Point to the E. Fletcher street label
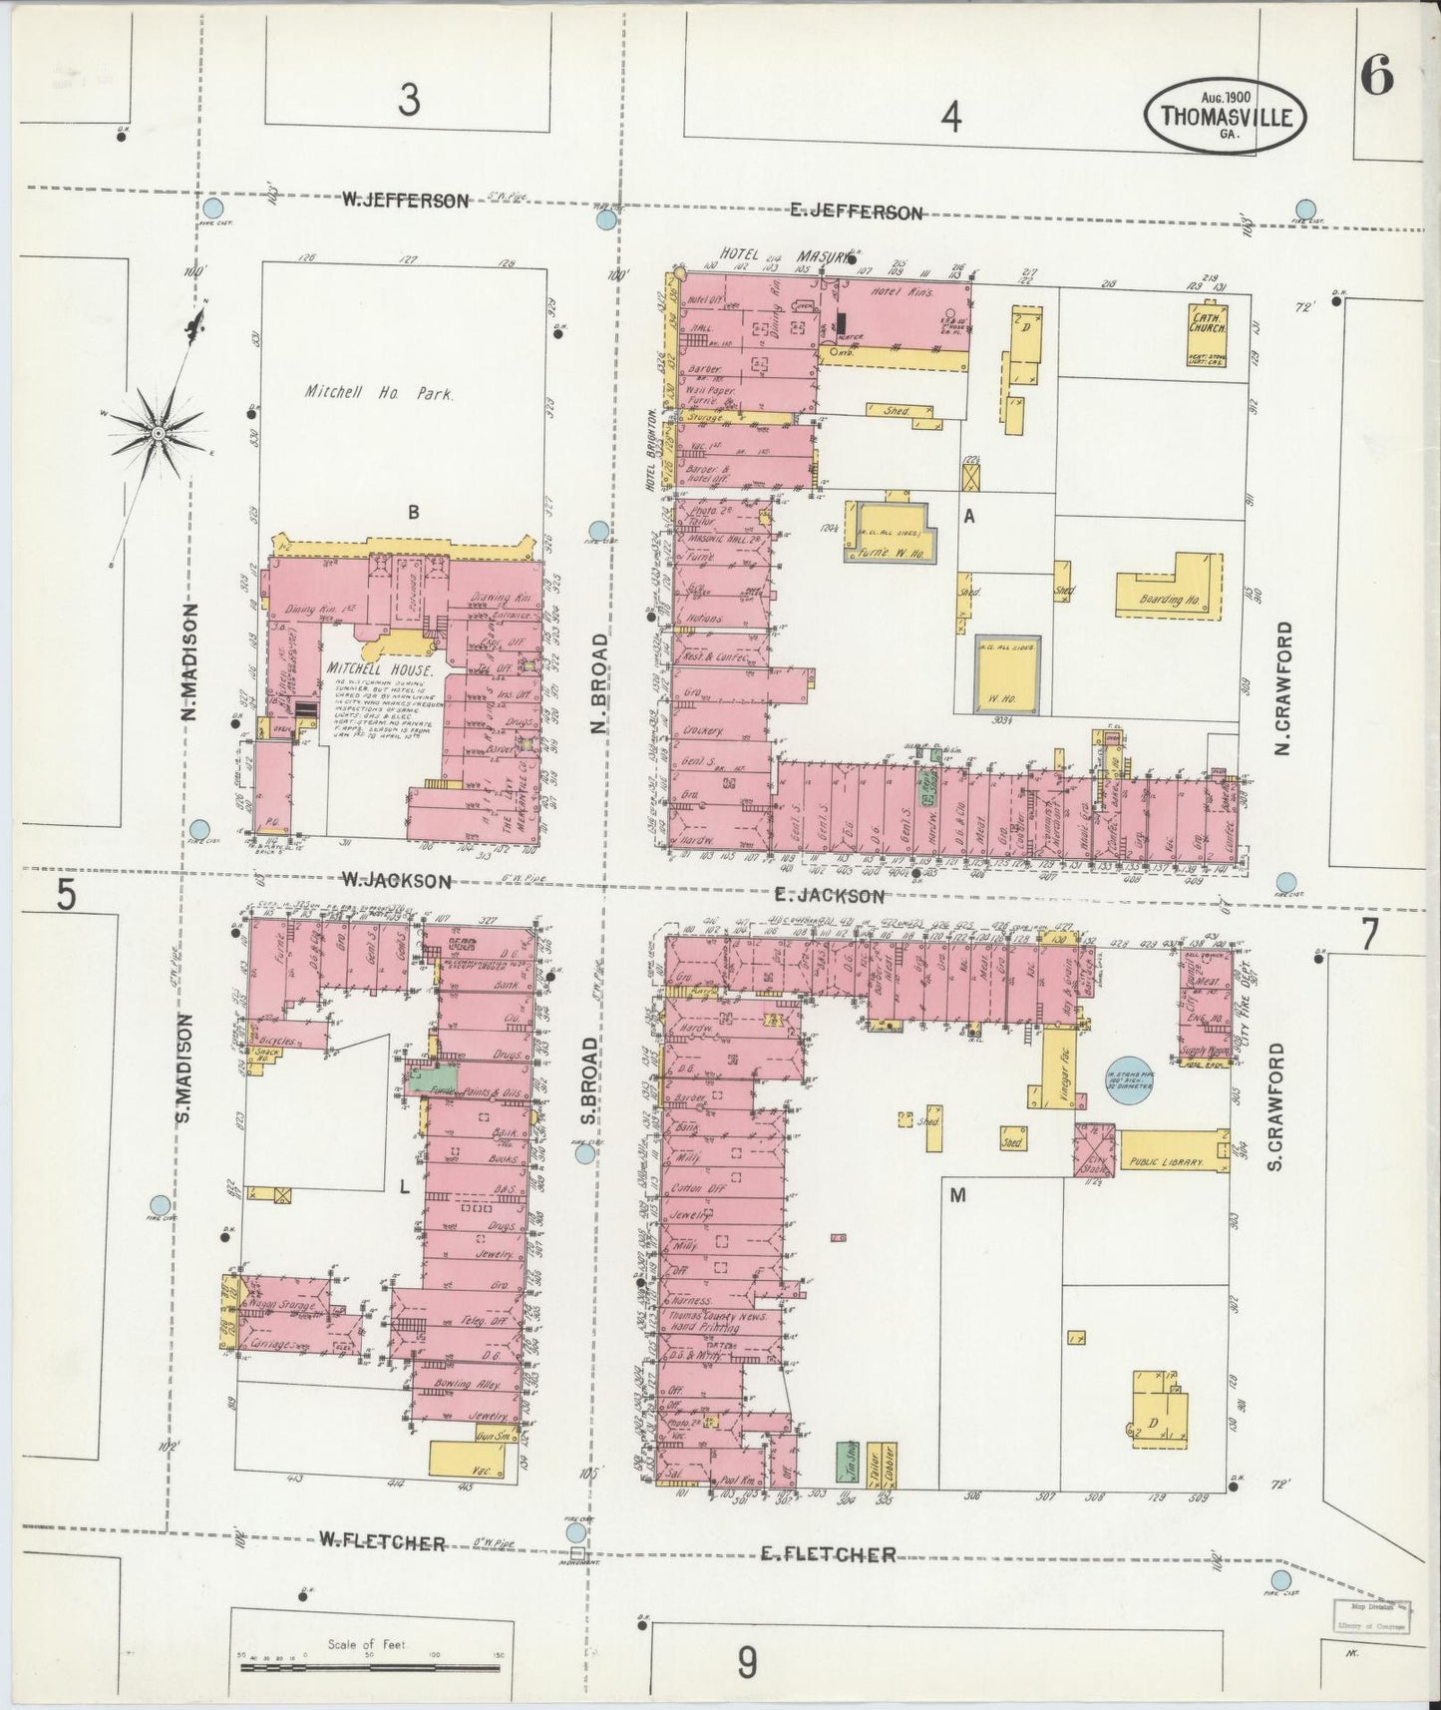[827, 1554]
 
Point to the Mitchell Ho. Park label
[379, 393]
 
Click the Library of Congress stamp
[1371, 1618]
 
